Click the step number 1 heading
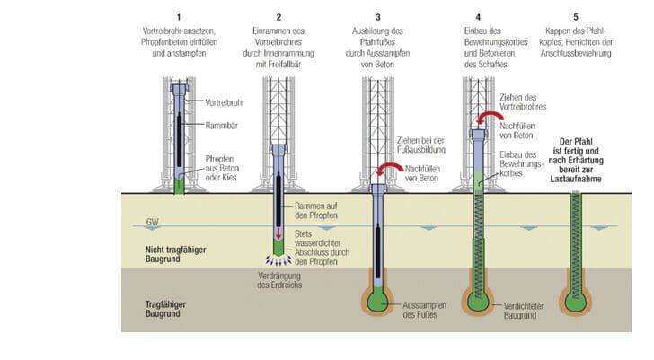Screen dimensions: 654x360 pos(179,17)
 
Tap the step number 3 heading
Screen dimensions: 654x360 pos(378,17)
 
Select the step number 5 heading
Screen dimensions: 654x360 pos(576,17)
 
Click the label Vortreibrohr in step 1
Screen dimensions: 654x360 pos(225,102)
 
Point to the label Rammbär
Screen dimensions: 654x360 pos(222,126)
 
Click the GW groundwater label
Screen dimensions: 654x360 pos(152,222)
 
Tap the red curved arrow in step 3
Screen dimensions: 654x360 pos(390,169)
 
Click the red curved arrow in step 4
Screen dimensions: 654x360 pos(490,117)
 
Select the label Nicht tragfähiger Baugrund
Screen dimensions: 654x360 pos(175,254)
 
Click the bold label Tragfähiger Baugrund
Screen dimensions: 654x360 pos(165,309)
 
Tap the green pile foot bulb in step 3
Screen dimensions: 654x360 pos(378,300)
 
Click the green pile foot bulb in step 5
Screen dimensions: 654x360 pos(576,301)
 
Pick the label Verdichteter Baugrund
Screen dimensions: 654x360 pos(524,311)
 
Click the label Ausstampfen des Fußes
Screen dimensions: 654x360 pos(424,310)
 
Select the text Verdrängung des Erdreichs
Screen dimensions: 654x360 pos(279,280)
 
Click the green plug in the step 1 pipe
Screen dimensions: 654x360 pos(179,186)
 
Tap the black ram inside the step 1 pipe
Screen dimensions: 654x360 pos(179,139)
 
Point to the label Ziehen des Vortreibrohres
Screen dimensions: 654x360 pos(523,102)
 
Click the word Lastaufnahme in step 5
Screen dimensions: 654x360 pos(576,179)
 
